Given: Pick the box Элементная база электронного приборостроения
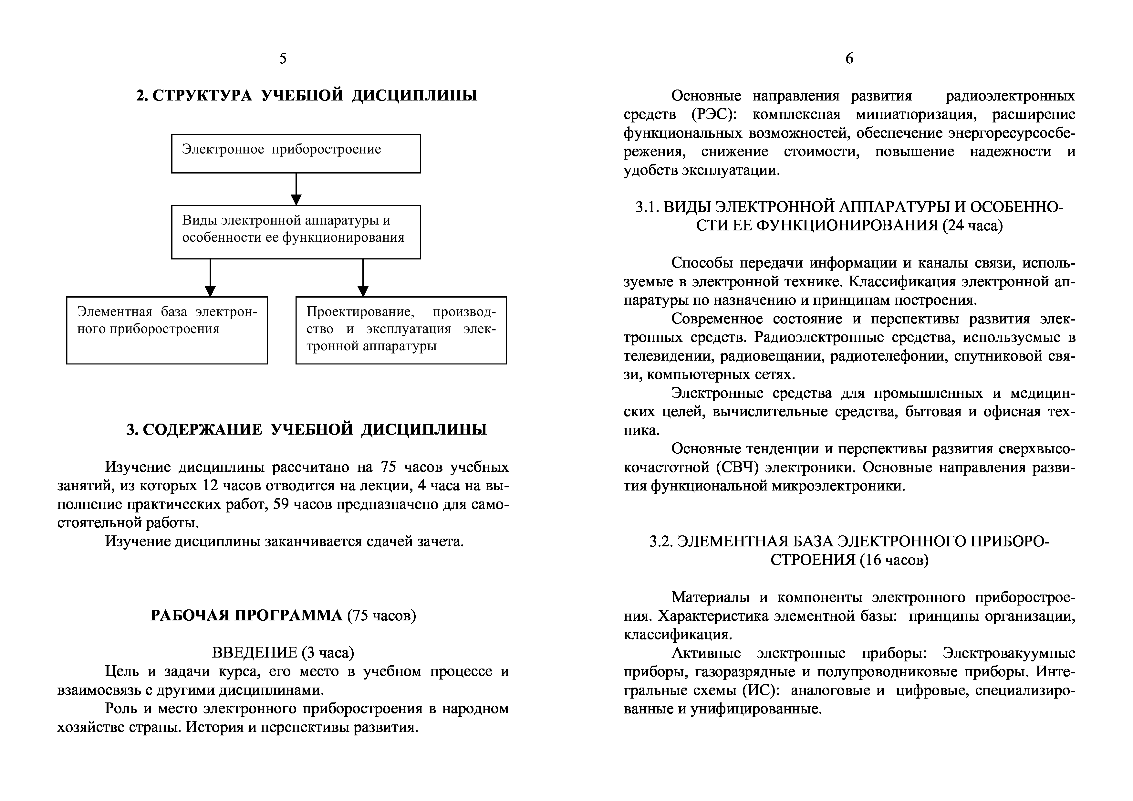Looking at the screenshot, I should click(167, 330).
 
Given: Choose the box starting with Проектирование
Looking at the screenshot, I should click(401, 330).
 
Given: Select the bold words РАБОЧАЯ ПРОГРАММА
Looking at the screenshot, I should click(246, 616).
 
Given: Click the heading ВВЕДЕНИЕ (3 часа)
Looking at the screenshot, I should click(283, 653).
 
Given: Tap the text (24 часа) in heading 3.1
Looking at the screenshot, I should click(972, 226).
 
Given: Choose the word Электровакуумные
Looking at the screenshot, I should click(1009, 653).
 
